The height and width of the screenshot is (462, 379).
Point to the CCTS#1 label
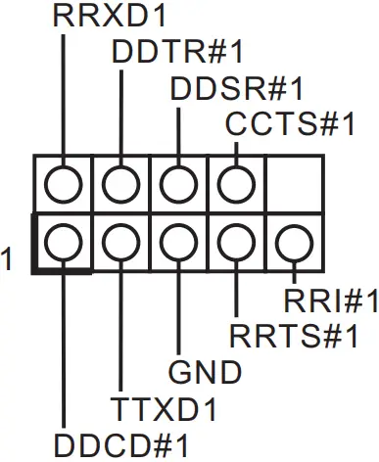[290, 124]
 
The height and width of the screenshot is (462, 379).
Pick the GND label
[206, 373]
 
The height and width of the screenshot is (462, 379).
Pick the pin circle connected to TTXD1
[121, 241]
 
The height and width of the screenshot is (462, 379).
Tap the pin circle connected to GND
[179, 241]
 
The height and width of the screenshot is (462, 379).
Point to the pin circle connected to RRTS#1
[236, 241]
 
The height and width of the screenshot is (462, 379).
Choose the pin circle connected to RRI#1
[293, 241]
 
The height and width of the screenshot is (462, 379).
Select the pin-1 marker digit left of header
[8, 259]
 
